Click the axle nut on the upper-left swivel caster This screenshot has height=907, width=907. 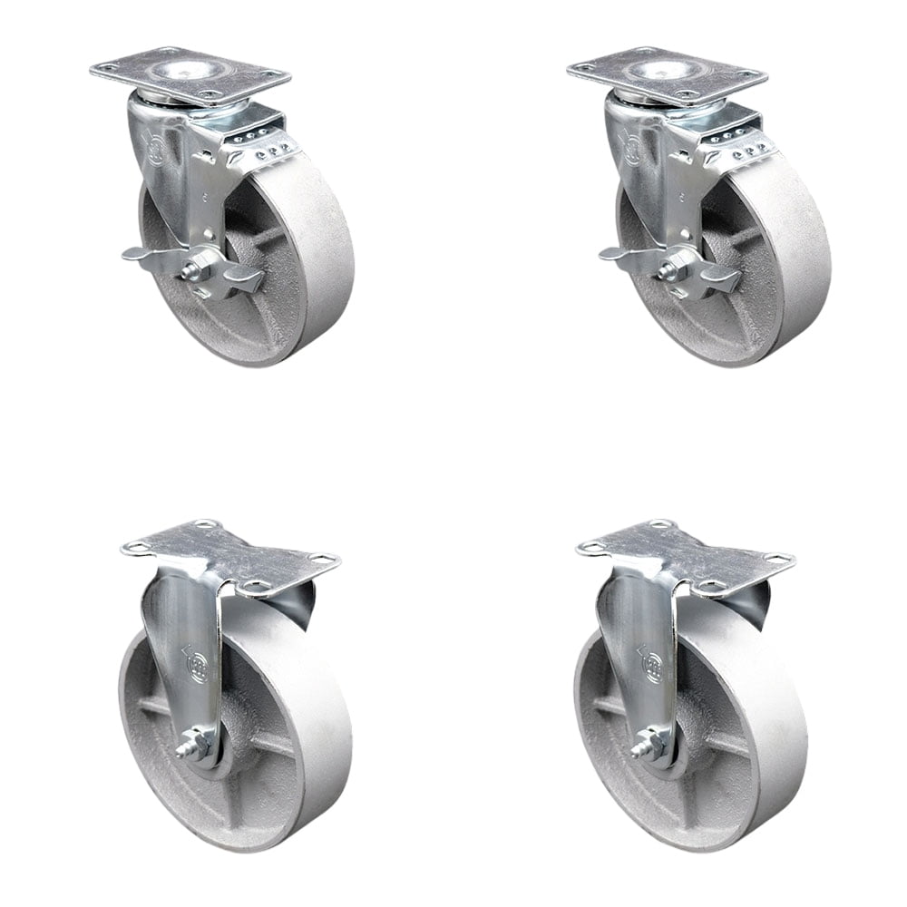198,270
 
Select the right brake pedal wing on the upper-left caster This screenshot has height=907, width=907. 243,277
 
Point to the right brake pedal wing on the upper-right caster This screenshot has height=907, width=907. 720,277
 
